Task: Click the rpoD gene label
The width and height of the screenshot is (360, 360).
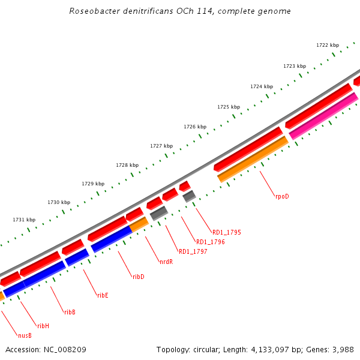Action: point(282,196)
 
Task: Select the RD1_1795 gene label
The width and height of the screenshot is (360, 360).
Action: point(227,232)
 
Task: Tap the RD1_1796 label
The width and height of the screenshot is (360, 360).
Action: point(211,242)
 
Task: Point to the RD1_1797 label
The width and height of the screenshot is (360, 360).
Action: point(193,251)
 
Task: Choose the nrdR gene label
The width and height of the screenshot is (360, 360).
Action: point(166,262)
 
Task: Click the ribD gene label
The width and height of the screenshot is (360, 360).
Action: point(139,277)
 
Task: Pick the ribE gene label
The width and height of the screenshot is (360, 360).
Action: point(103,295)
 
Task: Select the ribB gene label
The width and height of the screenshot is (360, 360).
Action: point(70,312)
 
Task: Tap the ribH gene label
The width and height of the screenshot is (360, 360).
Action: point(43,326)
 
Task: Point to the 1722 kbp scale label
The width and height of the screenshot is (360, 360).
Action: point(328,45)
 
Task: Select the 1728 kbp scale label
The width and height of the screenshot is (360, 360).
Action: point(127,165)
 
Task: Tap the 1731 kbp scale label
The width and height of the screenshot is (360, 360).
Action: point(24,220)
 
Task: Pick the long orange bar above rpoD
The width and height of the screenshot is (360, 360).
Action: point(253,159)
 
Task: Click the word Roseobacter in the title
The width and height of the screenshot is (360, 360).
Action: point(90,11)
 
